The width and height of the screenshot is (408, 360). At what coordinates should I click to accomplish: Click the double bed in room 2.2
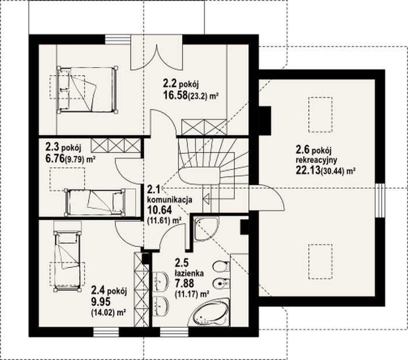pyautogui.click(x=87, y=90)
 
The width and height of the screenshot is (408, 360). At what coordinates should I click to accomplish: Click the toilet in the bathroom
pyautogui.click(x=221, y=266)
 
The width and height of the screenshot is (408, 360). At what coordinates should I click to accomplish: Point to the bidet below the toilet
pyautogui.click(x=221, y=283)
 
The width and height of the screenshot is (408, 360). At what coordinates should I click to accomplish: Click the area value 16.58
pyautogui.click(x=175, y=96)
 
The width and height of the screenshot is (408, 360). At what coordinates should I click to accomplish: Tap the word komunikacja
pyautogui.click(x=170, y=200)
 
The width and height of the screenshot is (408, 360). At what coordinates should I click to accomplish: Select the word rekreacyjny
pyautogui.click(x=316, y=159)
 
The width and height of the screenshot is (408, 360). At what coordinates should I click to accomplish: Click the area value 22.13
pyautogui.click(x=308, y=170)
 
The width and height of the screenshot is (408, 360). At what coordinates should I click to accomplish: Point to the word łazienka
pyautogui.click(x=189, y=273)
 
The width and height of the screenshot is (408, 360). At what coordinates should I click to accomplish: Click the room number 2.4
pyautogui.click(x=98, y=290)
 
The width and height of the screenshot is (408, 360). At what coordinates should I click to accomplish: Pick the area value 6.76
pyautogui.click(x=55, y=158)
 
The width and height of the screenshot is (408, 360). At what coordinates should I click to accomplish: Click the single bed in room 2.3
pyautogui.click(x=95, y=202)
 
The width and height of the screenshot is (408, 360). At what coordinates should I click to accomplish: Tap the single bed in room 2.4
pyautogui.click(x=67, y=261)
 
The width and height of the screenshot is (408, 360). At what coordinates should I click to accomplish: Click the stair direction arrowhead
pyautogui.click(x=207, y=199)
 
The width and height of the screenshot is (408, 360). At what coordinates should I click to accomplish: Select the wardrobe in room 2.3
pyautogui.click(x=116, y=145)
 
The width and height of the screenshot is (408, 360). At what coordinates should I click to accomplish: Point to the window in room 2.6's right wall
pyautogui.click(x=380, y=200)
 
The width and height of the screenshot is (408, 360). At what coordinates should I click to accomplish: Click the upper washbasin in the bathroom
pyautogui.click(x=161, y=281)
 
